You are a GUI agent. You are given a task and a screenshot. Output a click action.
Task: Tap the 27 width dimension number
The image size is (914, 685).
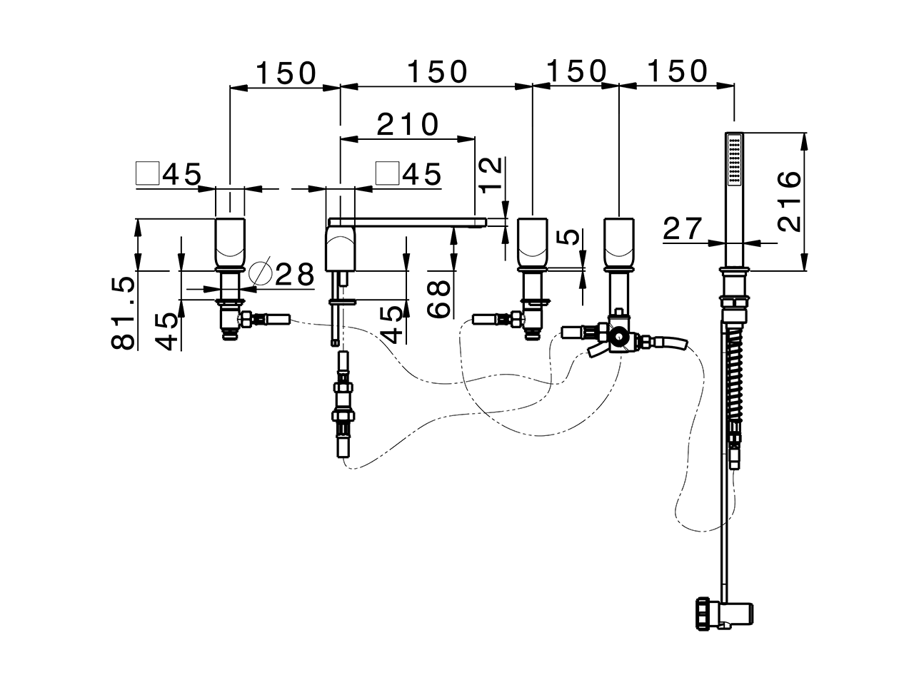coord(683,229)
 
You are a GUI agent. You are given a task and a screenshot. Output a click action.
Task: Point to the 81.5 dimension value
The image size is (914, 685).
coord(122,313)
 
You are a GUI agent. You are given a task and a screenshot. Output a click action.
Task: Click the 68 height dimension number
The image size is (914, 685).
coord(439,298)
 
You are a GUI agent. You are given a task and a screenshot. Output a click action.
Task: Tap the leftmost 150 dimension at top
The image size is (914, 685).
coord(286,72)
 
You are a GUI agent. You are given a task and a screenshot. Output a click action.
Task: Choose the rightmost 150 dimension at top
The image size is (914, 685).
coord(677,71)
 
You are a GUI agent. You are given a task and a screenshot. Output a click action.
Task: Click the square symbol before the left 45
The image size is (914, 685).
coord(147,173)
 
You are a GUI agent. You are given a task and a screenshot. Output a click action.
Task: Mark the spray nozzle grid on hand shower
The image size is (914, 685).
coord(733,160)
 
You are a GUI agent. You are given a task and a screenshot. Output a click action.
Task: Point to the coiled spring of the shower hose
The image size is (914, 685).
coord(734,375)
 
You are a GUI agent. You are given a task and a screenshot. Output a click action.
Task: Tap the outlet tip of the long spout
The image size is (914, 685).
coord(480,223)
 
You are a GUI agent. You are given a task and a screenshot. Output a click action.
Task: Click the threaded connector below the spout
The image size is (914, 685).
coord(341,414)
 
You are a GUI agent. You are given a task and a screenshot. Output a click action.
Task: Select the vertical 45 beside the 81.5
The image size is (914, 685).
coord(167,329)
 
